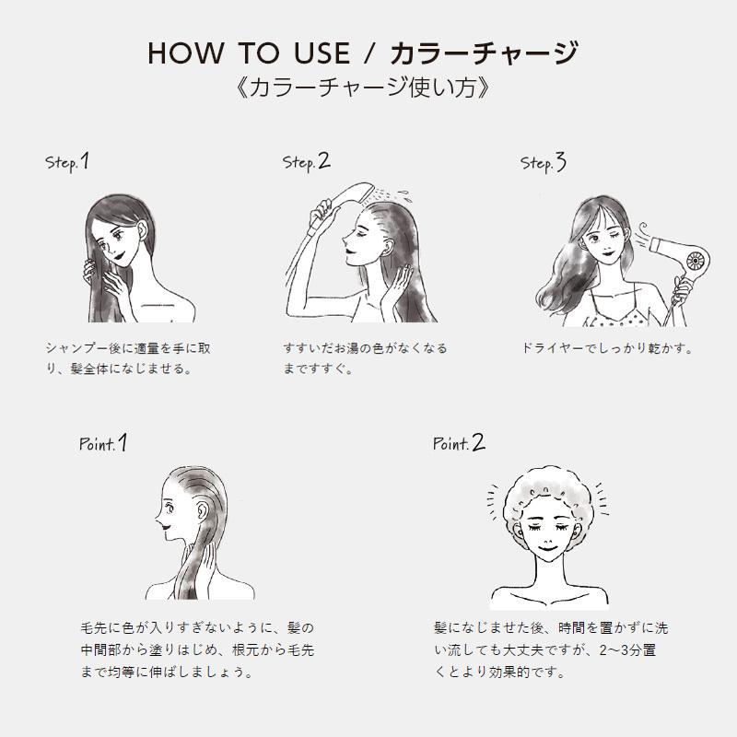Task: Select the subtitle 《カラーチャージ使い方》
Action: (x=368, y=89)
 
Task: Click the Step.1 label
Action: (x=67, y=162)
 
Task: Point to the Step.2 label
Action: (x=306, y=162)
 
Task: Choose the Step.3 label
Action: (x=544, y=163)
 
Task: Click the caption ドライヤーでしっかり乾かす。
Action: (x=607, y=349)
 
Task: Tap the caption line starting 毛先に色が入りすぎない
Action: (x=197, y=627)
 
